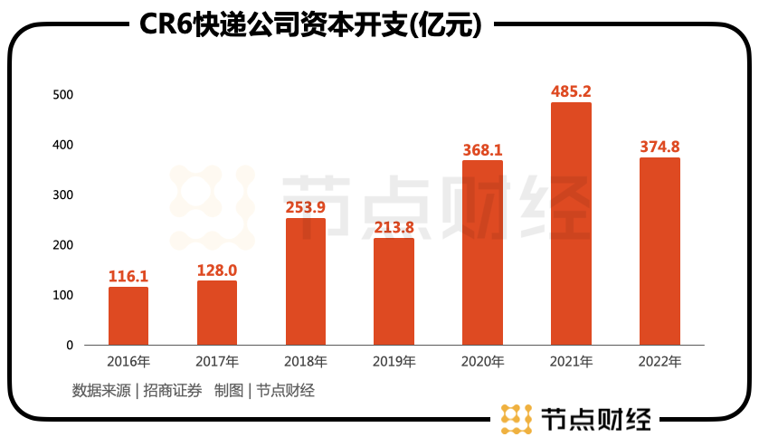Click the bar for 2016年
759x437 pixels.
click(x=128, y=316)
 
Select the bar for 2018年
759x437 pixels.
click(x=306, y=281)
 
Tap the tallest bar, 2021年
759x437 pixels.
click(x=571, y=223)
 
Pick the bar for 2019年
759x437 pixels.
click(x=394, y=291)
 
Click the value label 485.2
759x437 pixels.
click(x=571, y=91)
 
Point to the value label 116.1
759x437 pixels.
click(x=128, y=275)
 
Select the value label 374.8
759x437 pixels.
click(x=659, y=147)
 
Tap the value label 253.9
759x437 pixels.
click(x=306, y=207)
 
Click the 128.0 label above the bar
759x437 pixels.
click(x=217, y=270)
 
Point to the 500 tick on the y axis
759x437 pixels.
click(x=62, y=95)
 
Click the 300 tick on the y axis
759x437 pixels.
click(x=62, y=195)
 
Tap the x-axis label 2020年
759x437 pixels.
click(x=482, y=362)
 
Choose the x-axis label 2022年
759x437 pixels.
click(x=659, y=362)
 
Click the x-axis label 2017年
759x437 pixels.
click(x=217, y=362)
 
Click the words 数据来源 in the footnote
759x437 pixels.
click(x=101, y=391)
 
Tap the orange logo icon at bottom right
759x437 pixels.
click(x=517, y=418)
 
